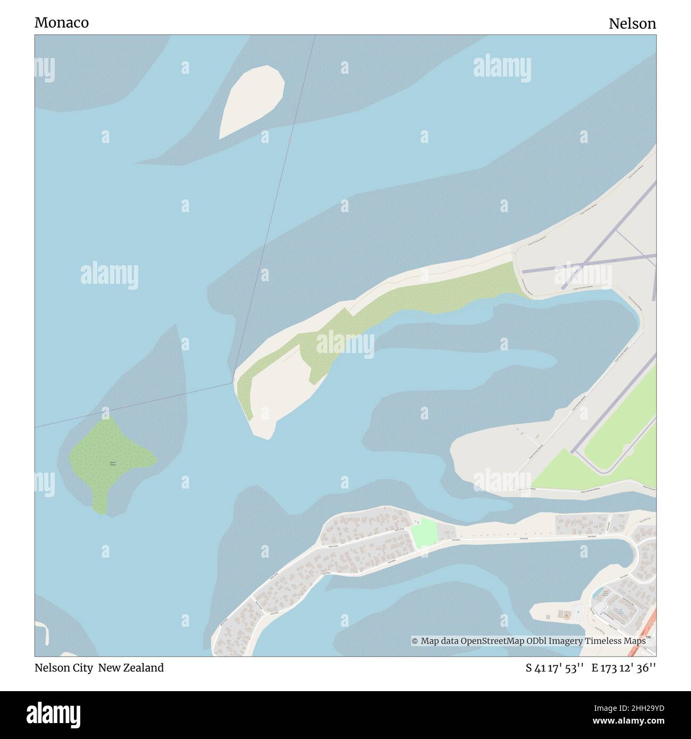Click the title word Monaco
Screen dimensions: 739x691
(62, 23)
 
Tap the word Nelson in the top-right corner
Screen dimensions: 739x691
(632, 23)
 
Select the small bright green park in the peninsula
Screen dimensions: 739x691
(425, 533)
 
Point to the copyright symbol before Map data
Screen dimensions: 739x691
(415, 641)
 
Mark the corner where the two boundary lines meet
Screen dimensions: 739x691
(232, 382)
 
